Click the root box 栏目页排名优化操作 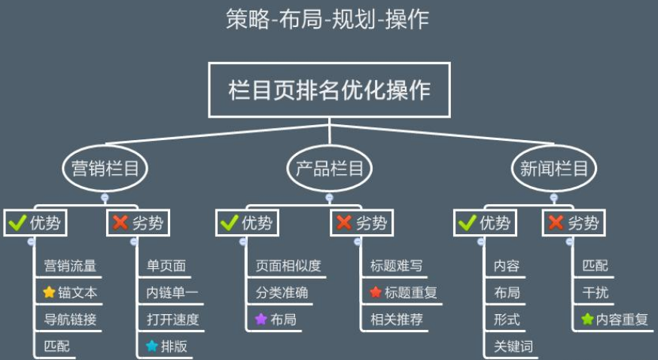pos(330,90)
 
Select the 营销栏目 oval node pos(105,169)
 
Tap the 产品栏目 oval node pos(330,169)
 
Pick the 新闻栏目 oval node pos(554,169)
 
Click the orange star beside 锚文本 pos(49,292)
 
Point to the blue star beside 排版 pos(152,346)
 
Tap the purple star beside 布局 pos(261,319)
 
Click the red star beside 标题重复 pos(376,292)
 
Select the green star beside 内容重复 pos(587,319)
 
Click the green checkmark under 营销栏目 pos(17,222)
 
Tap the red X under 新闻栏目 pos(556,222)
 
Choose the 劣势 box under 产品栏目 pos(361,223)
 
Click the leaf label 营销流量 pos(70,266)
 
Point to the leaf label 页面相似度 pos(288,266)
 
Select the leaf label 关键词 pos(513,346)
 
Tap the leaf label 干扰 pos(595,292)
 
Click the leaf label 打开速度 pos(173,319)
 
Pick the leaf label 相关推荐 pos(397,319)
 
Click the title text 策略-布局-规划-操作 pos(327,20)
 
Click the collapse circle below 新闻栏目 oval pos(554,197)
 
